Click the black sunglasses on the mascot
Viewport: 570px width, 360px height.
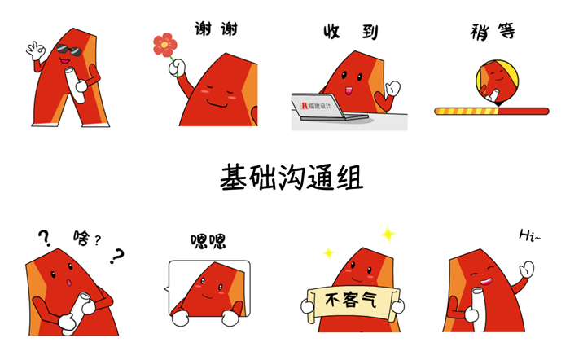click(69, 50)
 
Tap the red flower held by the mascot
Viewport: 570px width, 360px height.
click(165, 45)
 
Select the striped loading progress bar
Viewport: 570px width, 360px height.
click(492, 111)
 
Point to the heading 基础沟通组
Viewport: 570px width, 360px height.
click(292, 177)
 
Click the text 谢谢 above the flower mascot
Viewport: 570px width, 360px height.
click(216, 29)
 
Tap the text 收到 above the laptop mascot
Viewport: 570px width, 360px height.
click(351, 32)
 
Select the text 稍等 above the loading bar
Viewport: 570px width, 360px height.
click(493, 32)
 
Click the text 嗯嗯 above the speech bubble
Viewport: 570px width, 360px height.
click(208, 241)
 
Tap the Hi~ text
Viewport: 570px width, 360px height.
click(529, 235)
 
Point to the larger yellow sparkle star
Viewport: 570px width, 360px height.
click(388, 235)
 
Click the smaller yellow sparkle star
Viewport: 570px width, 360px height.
click(329, 252)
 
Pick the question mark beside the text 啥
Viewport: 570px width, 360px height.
click(98, 240)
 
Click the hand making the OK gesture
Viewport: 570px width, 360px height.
click(36, 50)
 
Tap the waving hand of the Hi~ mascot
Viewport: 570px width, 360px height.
click(527, 269)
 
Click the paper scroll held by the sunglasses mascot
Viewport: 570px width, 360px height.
click(75, 85)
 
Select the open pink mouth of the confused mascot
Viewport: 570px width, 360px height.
click(68, 282)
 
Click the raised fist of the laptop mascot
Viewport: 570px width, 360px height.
click(393, 88)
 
